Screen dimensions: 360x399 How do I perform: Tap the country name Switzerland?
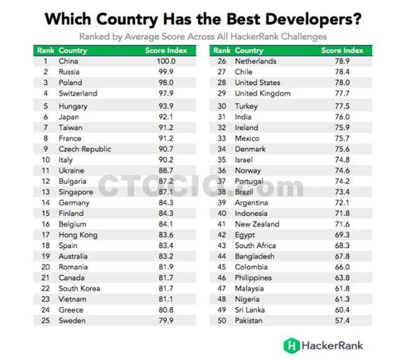tap(78, 93)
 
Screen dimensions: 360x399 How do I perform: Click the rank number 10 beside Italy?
tap(45, 160)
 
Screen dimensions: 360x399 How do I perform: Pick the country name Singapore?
tap(76, 192)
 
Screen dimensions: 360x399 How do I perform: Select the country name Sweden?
tap(72, 321)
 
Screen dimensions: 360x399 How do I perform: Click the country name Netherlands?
tap(256, 61)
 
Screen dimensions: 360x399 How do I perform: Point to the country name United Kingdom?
tap(262, 93)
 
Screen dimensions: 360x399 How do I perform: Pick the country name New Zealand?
tap(257, 224)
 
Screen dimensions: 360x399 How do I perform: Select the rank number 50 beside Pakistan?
tap(221, 320)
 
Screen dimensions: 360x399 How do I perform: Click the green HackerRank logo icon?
tap(290, 344)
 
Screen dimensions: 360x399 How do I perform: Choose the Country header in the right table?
tap(249, 50)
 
